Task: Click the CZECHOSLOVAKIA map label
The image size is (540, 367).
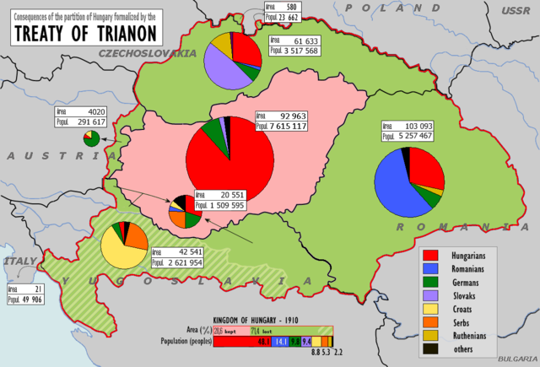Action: click(147, 52)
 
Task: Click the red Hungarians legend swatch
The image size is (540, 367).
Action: click(428, 252)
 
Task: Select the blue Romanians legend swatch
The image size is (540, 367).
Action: click(428, 267)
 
